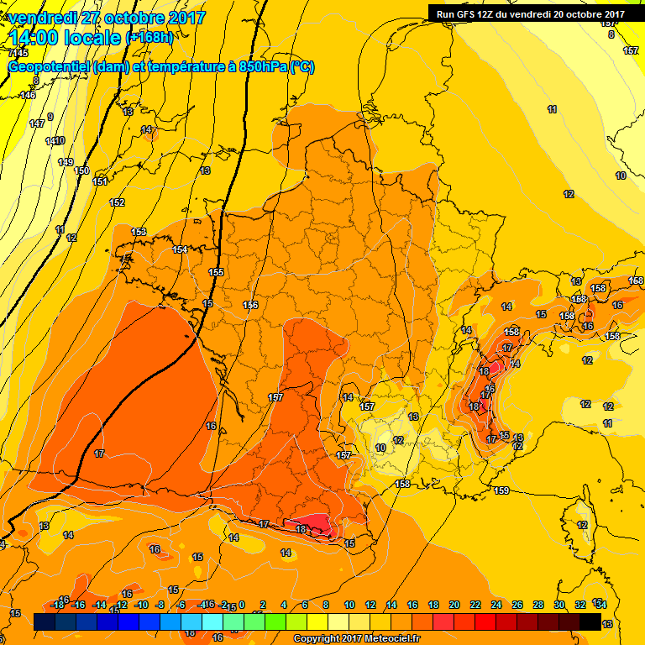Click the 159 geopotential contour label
pos(501,490)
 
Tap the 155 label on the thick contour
pos(216,272)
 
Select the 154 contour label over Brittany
pos(180,249)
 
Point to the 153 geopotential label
pos(139,232)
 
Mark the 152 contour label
pos(117,202)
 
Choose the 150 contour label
pos(81,170)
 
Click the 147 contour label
pos(36,123)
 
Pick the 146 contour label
pos(28,95)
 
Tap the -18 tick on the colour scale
pos(57,605)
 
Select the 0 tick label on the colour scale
pos(241,605)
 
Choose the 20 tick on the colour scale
pos(454,605)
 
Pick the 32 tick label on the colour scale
pos(579,605)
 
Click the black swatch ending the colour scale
pos(590,621)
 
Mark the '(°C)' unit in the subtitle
pos(302,67)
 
